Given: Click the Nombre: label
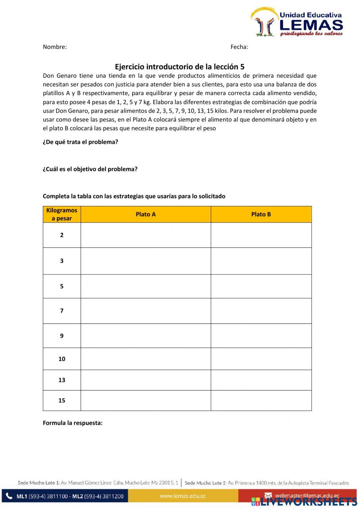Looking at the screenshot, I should click(55, 47).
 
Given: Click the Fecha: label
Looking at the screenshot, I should click(239, 47).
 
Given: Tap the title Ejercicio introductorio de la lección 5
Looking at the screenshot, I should click(180, 67).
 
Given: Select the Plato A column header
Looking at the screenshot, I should click(145, 214).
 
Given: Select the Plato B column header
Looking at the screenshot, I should click(261, 214).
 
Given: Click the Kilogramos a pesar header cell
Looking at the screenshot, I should click(62, 214).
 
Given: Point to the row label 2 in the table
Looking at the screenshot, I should click(62, 235).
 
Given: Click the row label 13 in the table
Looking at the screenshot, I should click(62, 380).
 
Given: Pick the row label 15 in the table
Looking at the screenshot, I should click(62, 401).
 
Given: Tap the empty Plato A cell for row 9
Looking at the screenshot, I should click(145, 336).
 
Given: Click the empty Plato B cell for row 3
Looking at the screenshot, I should click(261, 261).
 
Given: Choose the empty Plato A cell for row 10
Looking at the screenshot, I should click(145, 359).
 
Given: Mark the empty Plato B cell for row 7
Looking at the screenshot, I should click(261, 311).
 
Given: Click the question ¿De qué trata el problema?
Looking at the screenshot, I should click(80, 142).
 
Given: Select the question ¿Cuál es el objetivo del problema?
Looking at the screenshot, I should click(90, 169).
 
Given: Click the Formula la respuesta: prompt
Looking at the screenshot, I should click(73, 423).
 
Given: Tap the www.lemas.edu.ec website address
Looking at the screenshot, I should click(183, 496).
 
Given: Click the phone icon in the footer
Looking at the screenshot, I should click(9, 496).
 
